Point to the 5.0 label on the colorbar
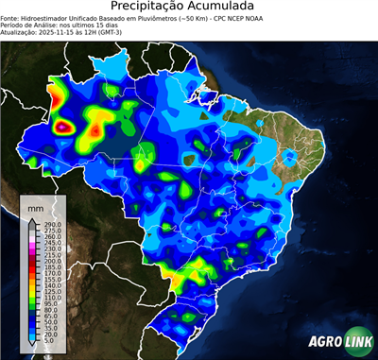tap(46, 342)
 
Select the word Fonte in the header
tap(10, 19)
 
